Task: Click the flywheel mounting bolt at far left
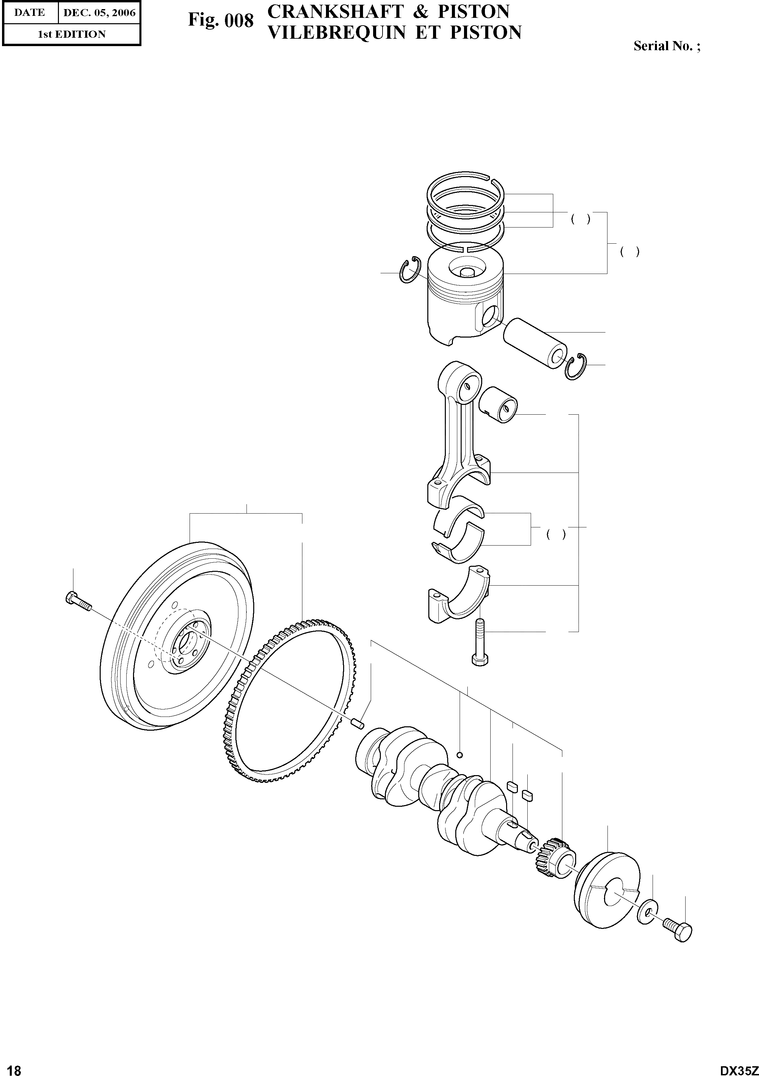click(79, 601)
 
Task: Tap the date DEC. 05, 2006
click(99, 13)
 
